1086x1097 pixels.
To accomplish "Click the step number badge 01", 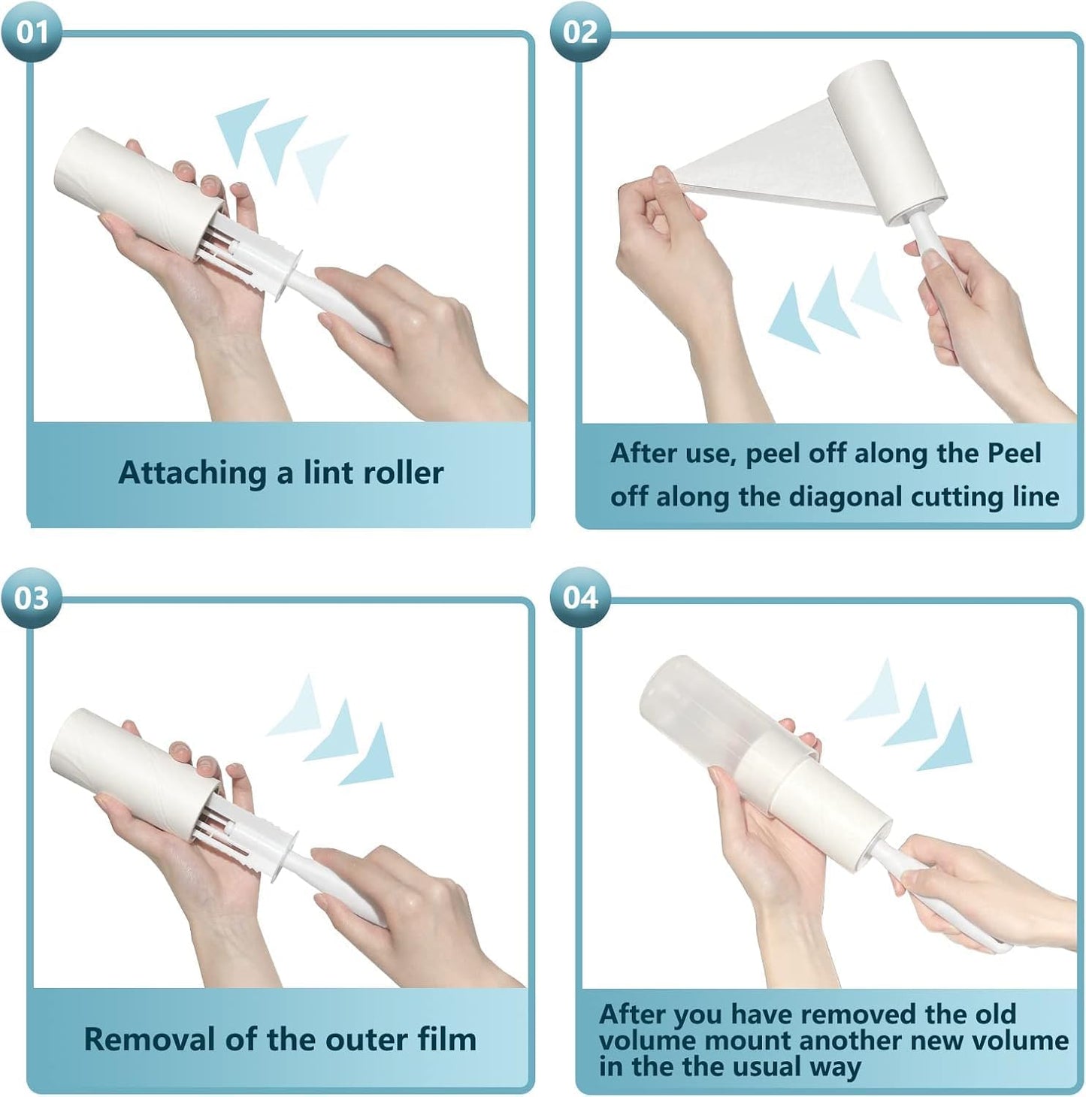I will (32, 32).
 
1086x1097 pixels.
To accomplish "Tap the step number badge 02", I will (579, 32).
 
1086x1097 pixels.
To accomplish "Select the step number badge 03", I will (32, 598).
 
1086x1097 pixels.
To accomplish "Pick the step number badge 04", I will (579, 598).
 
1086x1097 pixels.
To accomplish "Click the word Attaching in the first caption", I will (192, 473).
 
